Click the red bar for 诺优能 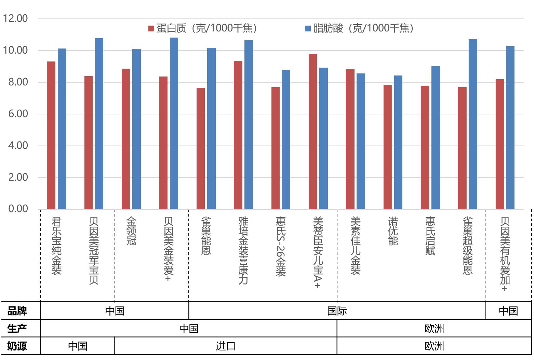pos(387,147)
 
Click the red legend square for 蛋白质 pos(151,28)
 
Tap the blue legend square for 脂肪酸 pos(308,28)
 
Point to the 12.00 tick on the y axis pos(15,18)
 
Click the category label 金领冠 pos(131,231)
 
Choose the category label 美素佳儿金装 pos(356,246)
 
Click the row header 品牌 pos(17,311)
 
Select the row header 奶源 pos(17,346)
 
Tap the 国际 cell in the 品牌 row pos(337,311)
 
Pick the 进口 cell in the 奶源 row pos(226,346)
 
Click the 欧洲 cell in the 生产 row pos(434,329)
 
